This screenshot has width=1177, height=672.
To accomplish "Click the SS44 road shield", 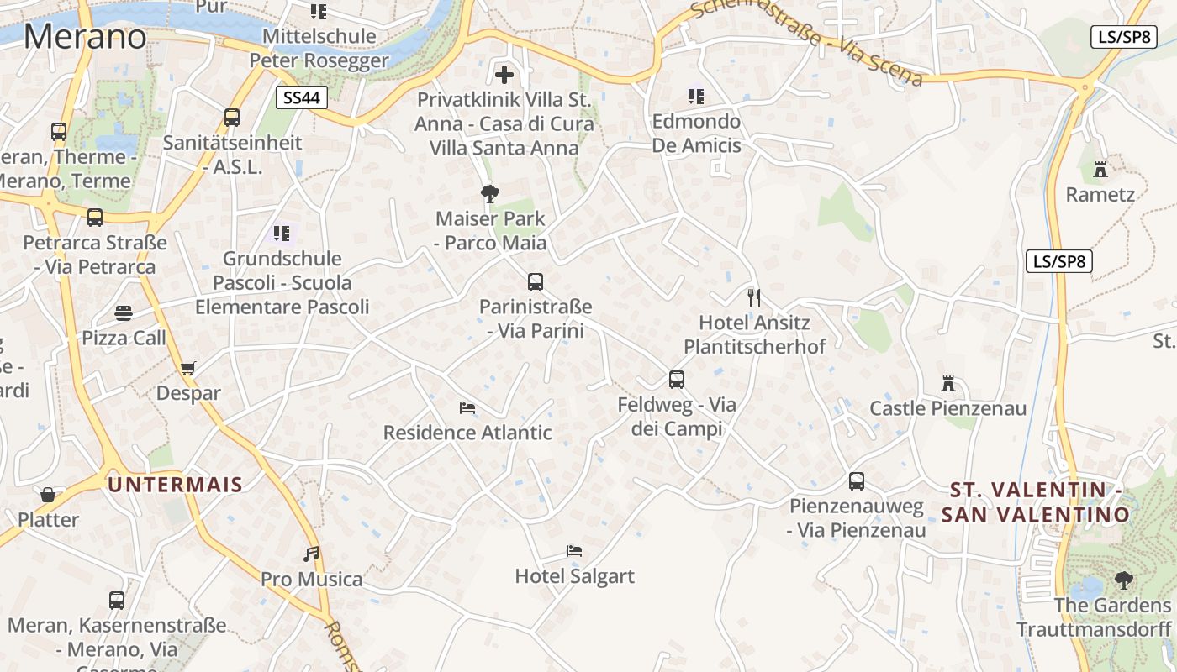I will (x=302, y=97).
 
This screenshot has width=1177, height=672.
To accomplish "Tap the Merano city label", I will (x=85, y=37).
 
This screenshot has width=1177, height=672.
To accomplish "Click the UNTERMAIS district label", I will (x=175, y=485).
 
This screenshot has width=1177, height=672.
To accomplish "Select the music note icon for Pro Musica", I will (x=312, y=554).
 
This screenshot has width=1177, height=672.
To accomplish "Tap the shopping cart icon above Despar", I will (x=188, y=368).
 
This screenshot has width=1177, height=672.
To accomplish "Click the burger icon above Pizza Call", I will (x=124, y=313).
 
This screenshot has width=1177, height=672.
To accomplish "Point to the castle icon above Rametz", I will (x=1100, y=170).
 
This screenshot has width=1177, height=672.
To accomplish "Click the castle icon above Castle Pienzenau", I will (x=948, y=384).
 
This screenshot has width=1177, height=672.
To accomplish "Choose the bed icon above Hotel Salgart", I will (x=574, y=551).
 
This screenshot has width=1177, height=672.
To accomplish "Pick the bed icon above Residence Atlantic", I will (x=467, y=408).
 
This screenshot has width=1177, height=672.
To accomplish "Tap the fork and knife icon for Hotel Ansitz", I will (x=754, y=297).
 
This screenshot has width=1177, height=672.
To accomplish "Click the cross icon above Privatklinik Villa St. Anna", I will (x=504, y=75).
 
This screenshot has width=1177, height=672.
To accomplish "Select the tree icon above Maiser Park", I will (x=490, y=194).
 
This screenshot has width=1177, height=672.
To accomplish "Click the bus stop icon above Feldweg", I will (x=677, y=380).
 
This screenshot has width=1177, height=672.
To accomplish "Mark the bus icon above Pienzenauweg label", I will (x=857, y=481).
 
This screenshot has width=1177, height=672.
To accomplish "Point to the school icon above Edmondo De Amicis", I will (x=696, y=97).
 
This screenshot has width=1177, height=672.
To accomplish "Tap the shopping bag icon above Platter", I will (x=48, y=495).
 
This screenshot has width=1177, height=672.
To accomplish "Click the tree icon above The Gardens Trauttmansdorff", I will (x=1123, y=580).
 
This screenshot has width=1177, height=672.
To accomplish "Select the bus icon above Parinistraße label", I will (x=536, y=282).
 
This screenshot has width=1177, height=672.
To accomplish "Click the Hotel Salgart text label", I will (x=574, y=576).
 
